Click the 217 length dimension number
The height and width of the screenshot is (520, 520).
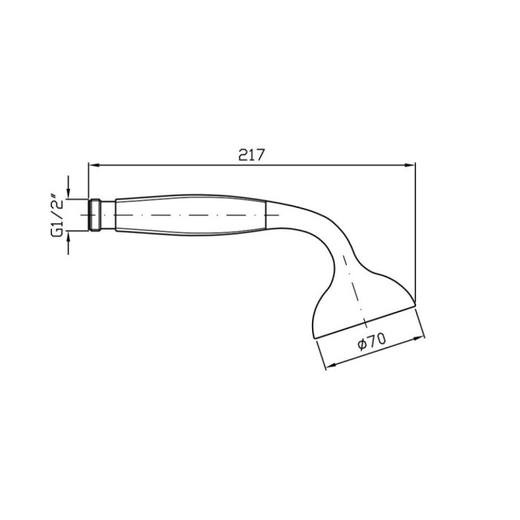[252, 155]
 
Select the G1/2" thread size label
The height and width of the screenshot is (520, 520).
[57, 215]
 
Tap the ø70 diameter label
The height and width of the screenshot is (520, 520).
[372, 342]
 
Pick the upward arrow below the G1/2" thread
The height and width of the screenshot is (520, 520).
[68, 243]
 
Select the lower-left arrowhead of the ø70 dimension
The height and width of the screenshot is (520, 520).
[331, 365]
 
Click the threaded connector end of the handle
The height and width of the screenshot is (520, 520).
[95, 215]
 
